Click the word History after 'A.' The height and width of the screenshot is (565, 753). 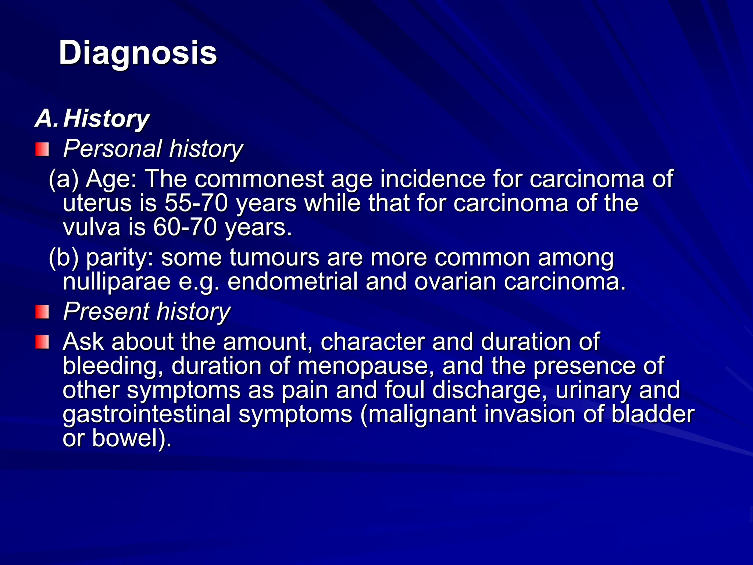pos(106,119)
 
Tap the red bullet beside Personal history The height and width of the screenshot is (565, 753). pos(42,150)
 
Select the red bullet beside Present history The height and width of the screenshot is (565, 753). pos(42,312)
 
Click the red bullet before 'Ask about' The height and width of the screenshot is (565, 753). pos(42,342)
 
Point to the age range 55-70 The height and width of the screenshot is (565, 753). pos(196,203)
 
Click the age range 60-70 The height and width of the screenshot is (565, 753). pos(185,227)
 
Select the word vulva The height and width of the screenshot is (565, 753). pos(92,227)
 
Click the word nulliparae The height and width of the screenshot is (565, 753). pos(117,282)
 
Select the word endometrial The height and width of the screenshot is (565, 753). pos(292,282)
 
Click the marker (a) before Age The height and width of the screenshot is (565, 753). pos(64,179)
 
